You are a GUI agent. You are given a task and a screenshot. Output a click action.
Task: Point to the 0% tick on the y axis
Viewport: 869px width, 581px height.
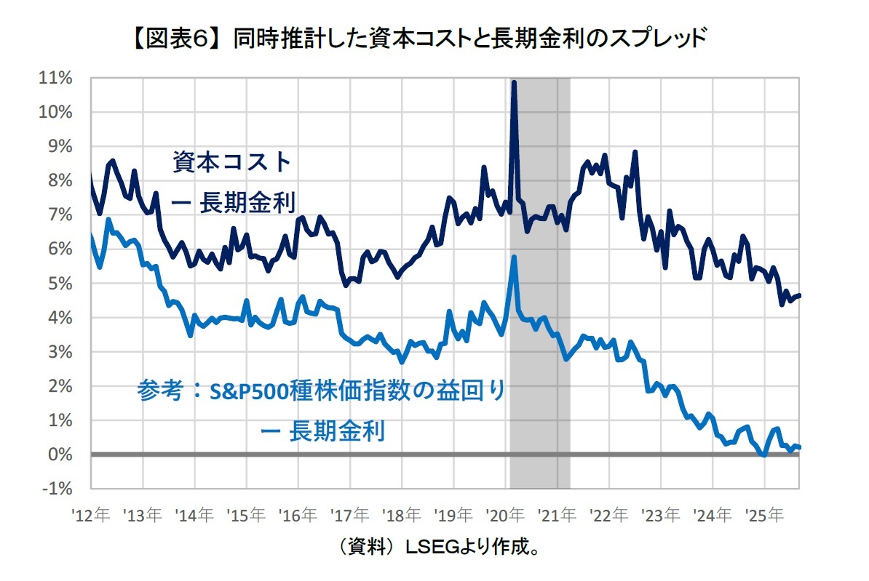60,454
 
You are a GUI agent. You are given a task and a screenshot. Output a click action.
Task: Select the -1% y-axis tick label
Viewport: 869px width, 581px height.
57,489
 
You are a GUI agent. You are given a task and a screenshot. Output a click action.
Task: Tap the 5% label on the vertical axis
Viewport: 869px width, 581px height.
60,283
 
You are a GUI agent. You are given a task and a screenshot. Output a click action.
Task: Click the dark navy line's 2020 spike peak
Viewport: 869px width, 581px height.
514,83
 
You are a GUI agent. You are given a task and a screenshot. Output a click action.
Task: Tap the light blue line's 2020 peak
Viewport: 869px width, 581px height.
515,257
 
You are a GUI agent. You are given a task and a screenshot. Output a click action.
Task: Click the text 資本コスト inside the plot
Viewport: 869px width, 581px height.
231,161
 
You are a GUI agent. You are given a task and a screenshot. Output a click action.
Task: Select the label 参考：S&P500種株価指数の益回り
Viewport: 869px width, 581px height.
321,392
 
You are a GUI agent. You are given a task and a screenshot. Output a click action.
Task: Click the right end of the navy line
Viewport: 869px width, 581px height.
800,295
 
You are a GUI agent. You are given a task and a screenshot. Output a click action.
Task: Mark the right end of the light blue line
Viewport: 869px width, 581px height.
800,447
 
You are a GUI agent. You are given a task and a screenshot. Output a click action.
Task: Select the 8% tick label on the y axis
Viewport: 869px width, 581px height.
60,180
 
